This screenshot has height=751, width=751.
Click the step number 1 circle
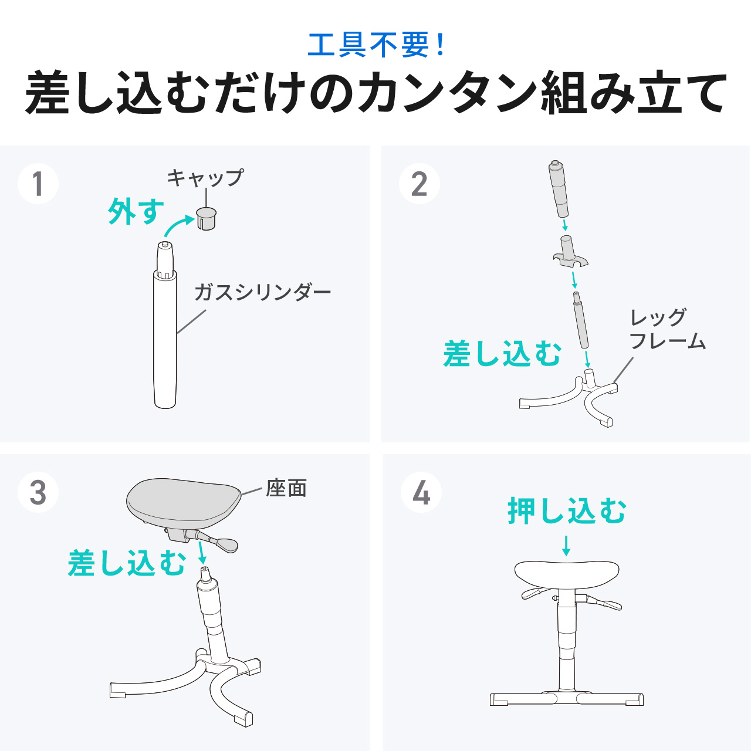pos(38,184)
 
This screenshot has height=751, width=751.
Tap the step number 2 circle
pos(419,184)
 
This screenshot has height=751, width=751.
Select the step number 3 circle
pos(38,492)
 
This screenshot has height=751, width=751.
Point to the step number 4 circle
pos(421,492)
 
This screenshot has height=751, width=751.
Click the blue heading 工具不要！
pos(375,45)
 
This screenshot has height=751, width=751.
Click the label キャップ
pos(205,177)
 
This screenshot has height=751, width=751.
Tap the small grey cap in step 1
pos(206,218)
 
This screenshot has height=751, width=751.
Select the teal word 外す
pos(136,211)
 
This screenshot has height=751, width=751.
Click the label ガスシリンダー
pos(262,292)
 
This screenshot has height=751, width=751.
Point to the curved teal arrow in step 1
pos(178,226)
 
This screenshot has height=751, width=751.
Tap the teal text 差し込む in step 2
pos(502,354)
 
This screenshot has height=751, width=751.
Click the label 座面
pos(286,488)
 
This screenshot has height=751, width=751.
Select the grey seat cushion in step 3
pos(183,500)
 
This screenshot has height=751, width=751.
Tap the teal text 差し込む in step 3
pos(127,563)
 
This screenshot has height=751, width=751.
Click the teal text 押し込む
pos(567,510)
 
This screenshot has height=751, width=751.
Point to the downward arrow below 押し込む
pos(566,545)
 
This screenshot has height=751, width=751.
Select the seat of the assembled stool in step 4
pos(567,573)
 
